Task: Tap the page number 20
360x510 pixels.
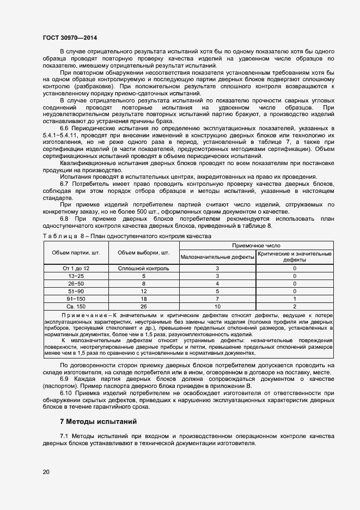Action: point(46,471)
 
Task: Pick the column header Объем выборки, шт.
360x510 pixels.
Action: point(144,253)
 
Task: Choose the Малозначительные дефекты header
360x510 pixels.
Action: point(217,256)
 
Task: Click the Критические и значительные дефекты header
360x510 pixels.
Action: point(295,257)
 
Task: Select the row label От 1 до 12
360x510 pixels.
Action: point(75,268)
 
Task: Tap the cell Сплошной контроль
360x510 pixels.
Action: point(144,268)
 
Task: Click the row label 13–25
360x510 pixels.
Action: point(75,276)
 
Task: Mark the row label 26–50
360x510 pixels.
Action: point(75,283)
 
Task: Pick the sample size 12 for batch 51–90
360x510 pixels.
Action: point(144,292)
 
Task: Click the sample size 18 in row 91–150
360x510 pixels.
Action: point(144,299)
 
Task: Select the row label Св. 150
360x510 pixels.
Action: point(75,307)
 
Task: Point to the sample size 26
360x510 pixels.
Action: point(144,307)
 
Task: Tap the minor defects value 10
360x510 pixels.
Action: point(217,307)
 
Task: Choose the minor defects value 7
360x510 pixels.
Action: point(217,299)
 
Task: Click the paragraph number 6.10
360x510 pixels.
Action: point(66,392)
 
